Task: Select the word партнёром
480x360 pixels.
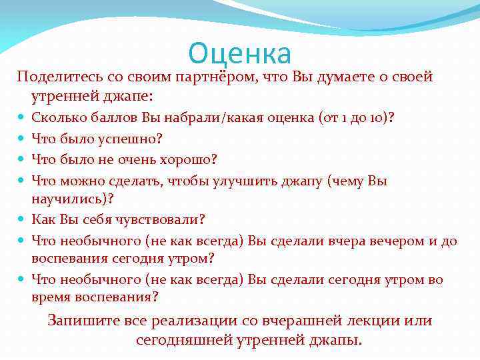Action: click(x=213, y=77)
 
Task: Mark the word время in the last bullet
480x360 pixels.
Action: click(x=49, y=297)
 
